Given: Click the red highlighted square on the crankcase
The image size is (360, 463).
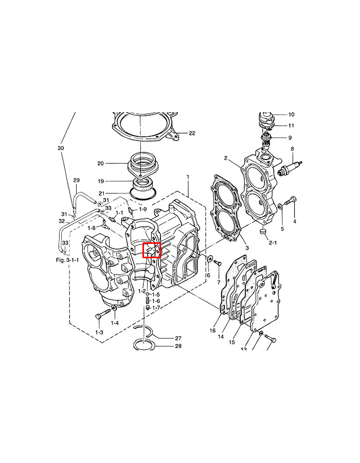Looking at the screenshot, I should coord(152,250).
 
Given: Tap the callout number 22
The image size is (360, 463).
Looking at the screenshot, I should coord(192,133).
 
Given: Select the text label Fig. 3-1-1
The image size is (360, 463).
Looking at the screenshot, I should coord(67,260).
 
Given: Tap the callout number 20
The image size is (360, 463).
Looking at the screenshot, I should coord(101,164).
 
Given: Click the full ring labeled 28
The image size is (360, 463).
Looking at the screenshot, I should coord(146,344).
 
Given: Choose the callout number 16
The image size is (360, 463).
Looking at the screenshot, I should coord(212,331).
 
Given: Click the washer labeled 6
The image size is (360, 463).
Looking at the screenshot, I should coord(209,257).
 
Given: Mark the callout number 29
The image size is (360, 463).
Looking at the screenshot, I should coord(77,180).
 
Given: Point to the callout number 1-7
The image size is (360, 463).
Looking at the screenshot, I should coord(156,308).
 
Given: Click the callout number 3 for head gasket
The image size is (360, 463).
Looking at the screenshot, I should coord(246,248).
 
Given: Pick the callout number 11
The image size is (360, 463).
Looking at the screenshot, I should coord(291,126).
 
